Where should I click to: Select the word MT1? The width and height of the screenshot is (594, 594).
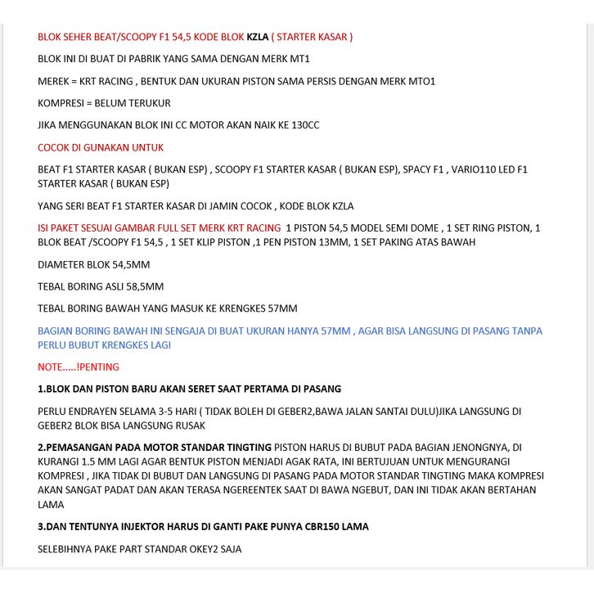(x=299, y=59)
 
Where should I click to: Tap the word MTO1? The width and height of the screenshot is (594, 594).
(x=422, y=81)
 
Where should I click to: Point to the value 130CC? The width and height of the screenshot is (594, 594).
(x=303, y=125)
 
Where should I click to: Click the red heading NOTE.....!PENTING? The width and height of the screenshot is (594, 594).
(x=79, y=367)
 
